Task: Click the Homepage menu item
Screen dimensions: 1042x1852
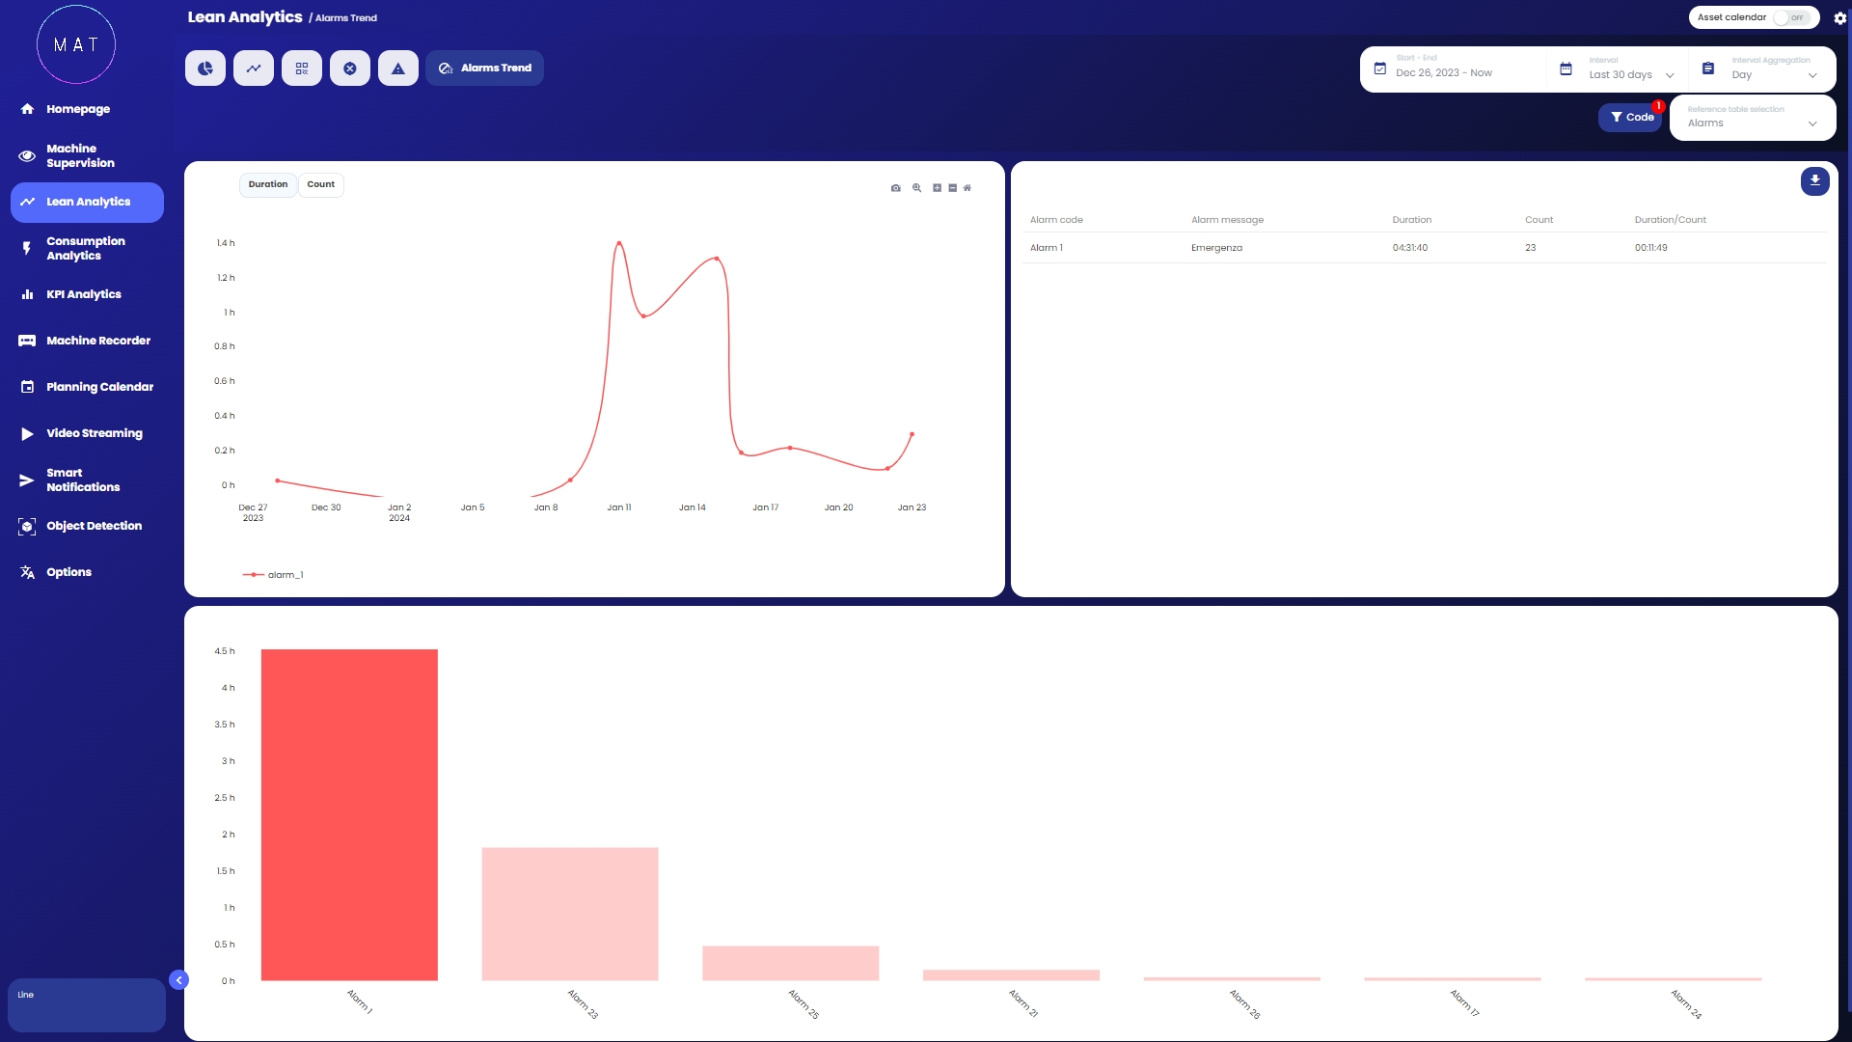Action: coord(77,109)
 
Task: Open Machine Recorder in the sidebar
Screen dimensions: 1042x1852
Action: coord(97,341)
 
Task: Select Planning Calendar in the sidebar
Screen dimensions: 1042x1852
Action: coord(99,387)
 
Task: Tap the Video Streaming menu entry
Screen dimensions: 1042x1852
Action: coord(94,433)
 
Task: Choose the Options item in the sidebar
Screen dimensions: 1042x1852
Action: coord(68,572)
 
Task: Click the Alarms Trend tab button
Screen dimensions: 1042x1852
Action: coord(485,69)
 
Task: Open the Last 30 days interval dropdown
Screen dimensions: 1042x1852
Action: coord(1630,74)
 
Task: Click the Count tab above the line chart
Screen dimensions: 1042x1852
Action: coord(320,184)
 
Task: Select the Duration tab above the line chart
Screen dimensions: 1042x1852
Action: coord(268,184)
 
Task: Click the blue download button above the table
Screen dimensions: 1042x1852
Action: coord(1814,180)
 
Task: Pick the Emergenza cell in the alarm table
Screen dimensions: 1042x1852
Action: coord(1216,248)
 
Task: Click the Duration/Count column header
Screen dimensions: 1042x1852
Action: coord(1670,220)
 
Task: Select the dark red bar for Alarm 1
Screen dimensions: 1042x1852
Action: coord(349,815)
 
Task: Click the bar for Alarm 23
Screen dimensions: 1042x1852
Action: coord(570,914)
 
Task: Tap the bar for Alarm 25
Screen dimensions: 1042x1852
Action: coord(790,963)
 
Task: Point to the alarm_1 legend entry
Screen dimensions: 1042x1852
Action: coord(274,575)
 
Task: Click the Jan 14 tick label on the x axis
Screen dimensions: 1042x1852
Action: coord(692,507)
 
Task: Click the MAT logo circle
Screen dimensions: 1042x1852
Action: coord(76,44)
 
